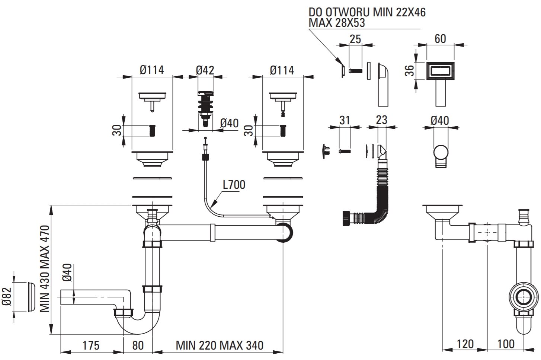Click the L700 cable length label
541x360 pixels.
pos(234,184)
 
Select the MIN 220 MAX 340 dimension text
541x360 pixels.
pos(220,345)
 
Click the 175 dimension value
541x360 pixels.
pos(91,345)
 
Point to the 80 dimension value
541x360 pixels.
pos(137,345)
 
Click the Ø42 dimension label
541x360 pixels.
pos(205,70)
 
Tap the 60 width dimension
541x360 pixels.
pos(440,38)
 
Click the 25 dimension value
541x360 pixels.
pos(356,38)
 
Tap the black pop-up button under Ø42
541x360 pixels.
pos(205,106)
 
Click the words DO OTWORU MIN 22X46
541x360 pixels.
pos(367,12)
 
